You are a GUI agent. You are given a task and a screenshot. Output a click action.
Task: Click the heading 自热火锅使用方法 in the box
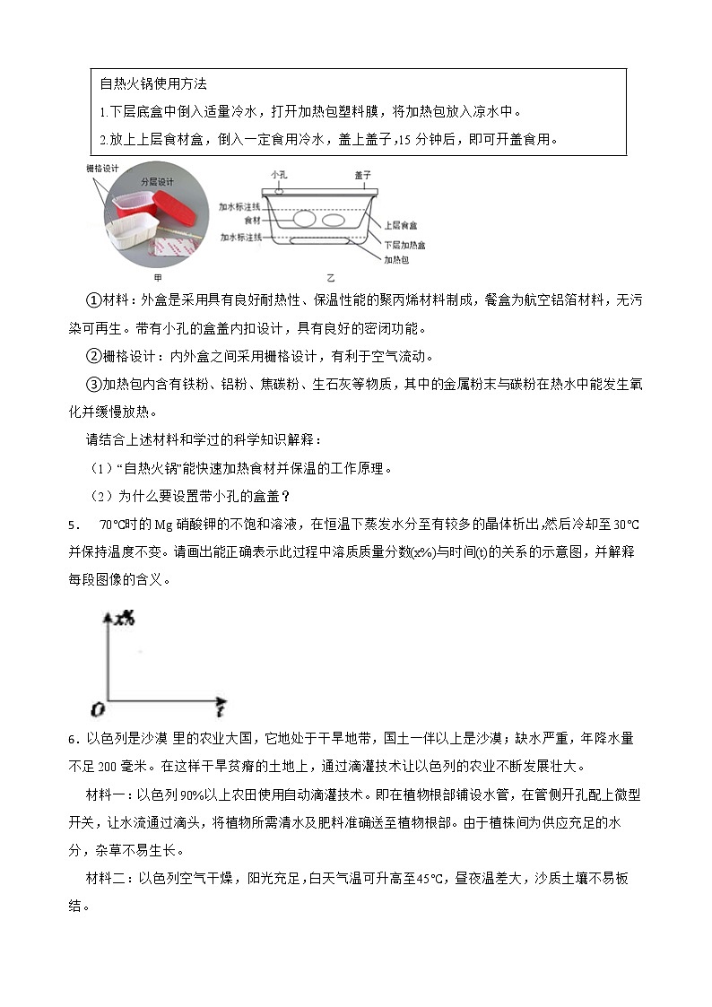[x=153, y=83]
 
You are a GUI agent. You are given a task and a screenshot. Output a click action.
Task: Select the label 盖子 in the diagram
[x=362, y=175]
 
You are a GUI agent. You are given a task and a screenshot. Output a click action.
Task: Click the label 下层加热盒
[x=404, y=244]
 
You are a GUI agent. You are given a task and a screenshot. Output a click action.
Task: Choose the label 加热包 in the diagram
[x=396, y=260]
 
